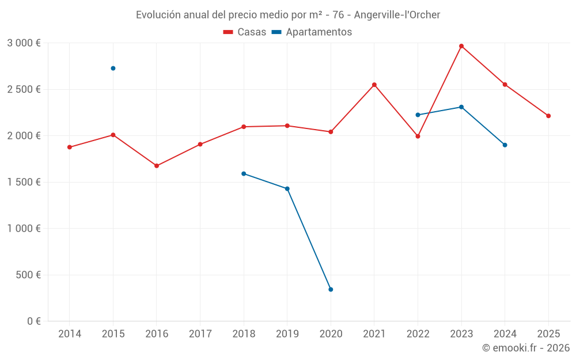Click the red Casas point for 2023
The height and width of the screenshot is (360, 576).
click(461, 46)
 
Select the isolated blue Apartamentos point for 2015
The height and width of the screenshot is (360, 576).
click(113, 68)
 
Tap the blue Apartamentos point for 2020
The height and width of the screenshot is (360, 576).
click(331, 289)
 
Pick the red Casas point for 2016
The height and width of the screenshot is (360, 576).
click(157, 166)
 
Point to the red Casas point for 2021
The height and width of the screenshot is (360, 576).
click(374, 85)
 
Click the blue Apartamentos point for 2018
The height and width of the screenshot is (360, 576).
click(244, 173)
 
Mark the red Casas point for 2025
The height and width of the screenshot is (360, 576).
click(548, 116)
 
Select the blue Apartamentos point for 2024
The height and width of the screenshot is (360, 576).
click(505, 145)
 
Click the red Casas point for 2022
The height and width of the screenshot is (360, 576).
click(418, 137)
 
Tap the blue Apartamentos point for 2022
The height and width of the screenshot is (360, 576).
click(418, 115)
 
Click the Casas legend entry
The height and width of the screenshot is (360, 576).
click(245, 32)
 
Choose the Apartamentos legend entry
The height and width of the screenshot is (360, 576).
click(312, 32)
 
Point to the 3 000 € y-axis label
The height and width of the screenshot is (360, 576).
click(24, 43)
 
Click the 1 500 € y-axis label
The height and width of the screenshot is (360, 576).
click(24, 182)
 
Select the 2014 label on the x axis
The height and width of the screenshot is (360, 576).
click(69, 334)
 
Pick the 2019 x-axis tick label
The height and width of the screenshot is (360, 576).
click(287, 334)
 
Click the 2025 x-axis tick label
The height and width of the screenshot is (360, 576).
click(548, 334)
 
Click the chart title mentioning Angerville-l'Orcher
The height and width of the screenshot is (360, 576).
click(288, 15)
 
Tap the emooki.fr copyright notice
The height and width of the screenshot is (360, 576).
click(526, 348)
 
